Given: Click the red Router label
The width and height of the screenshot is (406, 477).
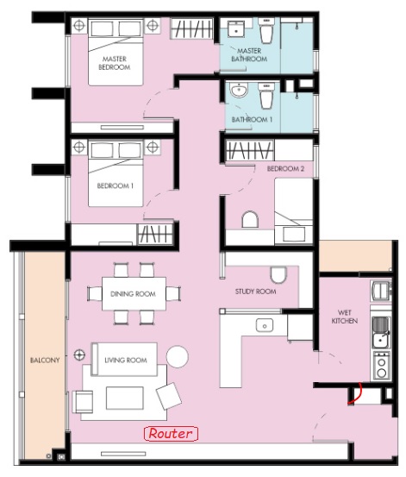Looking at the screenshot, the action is pos(171,434).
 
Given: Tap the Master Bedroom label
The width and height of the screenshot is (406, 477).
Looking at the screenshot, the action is pos(115,63).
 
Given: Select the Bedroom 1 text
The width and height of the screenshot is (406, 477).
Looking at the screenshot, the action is pos(116,185).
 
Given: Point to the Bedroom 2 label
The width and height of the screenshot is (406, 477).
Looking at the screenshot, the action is pos(285,168).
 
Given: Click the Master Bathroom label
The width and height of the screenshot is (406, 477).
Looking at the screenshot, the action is pos(249,54).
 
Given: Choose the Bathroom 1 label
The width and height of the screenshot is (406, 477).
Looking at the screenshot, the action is pos(252,120).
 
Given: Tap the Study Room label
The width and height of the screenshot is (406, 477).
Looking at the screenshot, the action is pos(255,292).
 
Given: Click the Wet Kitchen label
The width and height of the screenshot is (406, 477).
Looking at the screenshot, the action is pos(344,317).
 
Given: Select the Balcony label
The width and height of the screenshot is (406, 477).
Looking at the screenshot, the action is pos(45,361).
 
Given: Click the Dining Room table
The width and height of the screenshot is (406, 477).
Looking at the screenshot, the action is pos(134,293).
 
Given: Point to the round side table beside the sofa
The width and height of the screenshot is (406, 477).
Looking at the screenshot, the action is pos(178,356).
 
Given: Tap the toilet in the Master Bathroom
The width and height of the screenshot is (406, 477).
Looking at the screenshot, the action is pos(266,30).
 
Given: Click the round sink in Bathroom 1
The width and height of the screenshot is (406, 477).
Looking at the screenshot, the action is pos(239,90).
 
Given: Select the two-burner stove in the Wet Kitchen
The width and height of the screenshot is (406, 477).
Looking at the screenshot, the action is pos(381,366).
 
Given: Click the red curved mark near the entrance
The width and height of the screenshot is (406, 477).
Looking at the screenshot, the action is pos(356,394).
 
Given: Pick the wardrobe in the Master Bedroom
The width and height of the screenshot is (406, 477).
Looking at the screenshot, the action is pos(191,28).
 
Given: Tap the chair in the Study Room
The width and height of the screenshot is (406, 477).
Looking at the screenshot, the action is pos(278,275).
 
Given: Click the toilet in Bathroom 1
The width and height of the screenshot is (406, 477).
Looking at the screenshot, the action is pos(266,96).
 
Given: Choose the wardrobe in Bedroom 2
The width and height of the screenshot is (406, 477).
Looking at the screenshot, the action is pos(249,150).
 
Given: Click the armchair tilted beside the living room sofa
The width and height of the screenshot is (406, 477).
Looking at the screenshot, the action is pos(169,396).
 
